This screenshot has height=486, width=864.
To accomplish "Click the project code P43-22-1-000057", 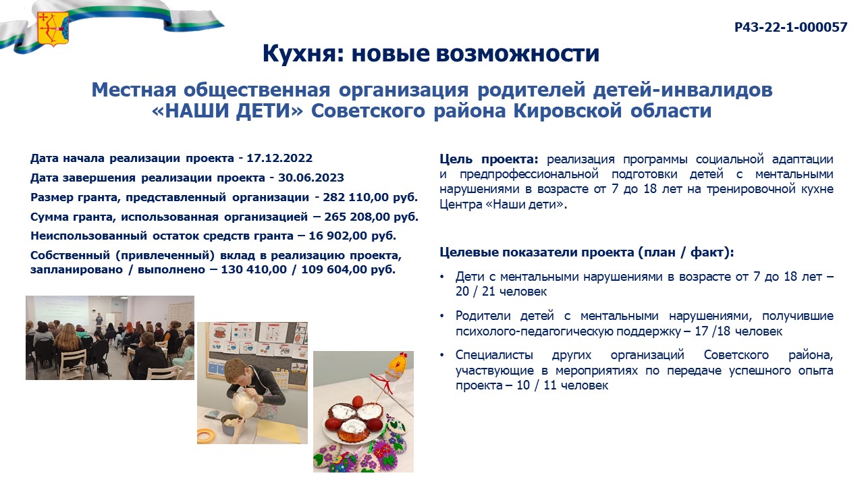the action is [790, 27].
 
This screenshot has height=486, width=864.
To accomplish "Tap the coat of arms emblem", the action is [53, 29].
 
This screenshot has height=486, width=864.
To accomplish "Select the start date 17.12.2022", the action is [279, 158].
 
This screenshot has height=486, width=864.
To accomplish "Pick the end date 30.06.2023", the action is [311, 178].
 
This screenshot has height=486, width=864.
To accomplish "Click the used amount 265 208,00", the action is [357, 217].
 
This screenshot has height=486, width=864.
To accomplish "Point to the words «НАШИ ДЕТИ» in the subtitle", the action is [227, 111].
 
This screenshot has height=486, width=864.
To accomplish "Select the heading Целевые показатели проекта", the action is [537, 252].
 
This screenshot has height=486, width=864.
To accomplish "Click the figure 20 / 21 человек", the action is [501, 291].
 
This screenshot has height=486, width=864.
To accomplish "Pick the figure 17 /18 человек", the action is [738, 331].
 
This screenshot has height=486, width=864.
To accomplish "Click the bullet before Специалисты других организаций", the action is [442, 355].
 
